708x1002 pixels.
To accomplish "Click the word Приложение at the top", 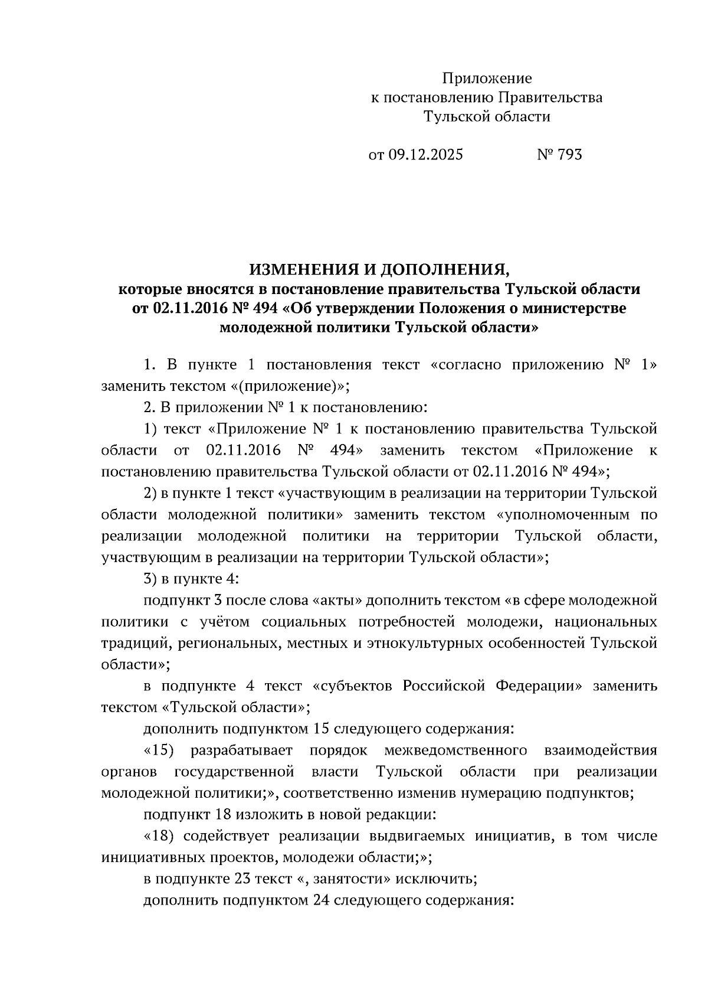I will coord(487,79).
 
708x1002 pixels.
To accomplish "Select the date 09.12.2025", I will coord(425,155).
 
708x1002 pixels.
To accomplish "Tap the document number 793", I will coord(569,155).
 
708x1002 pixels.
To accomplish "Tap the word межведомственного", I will coord(455,750).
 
